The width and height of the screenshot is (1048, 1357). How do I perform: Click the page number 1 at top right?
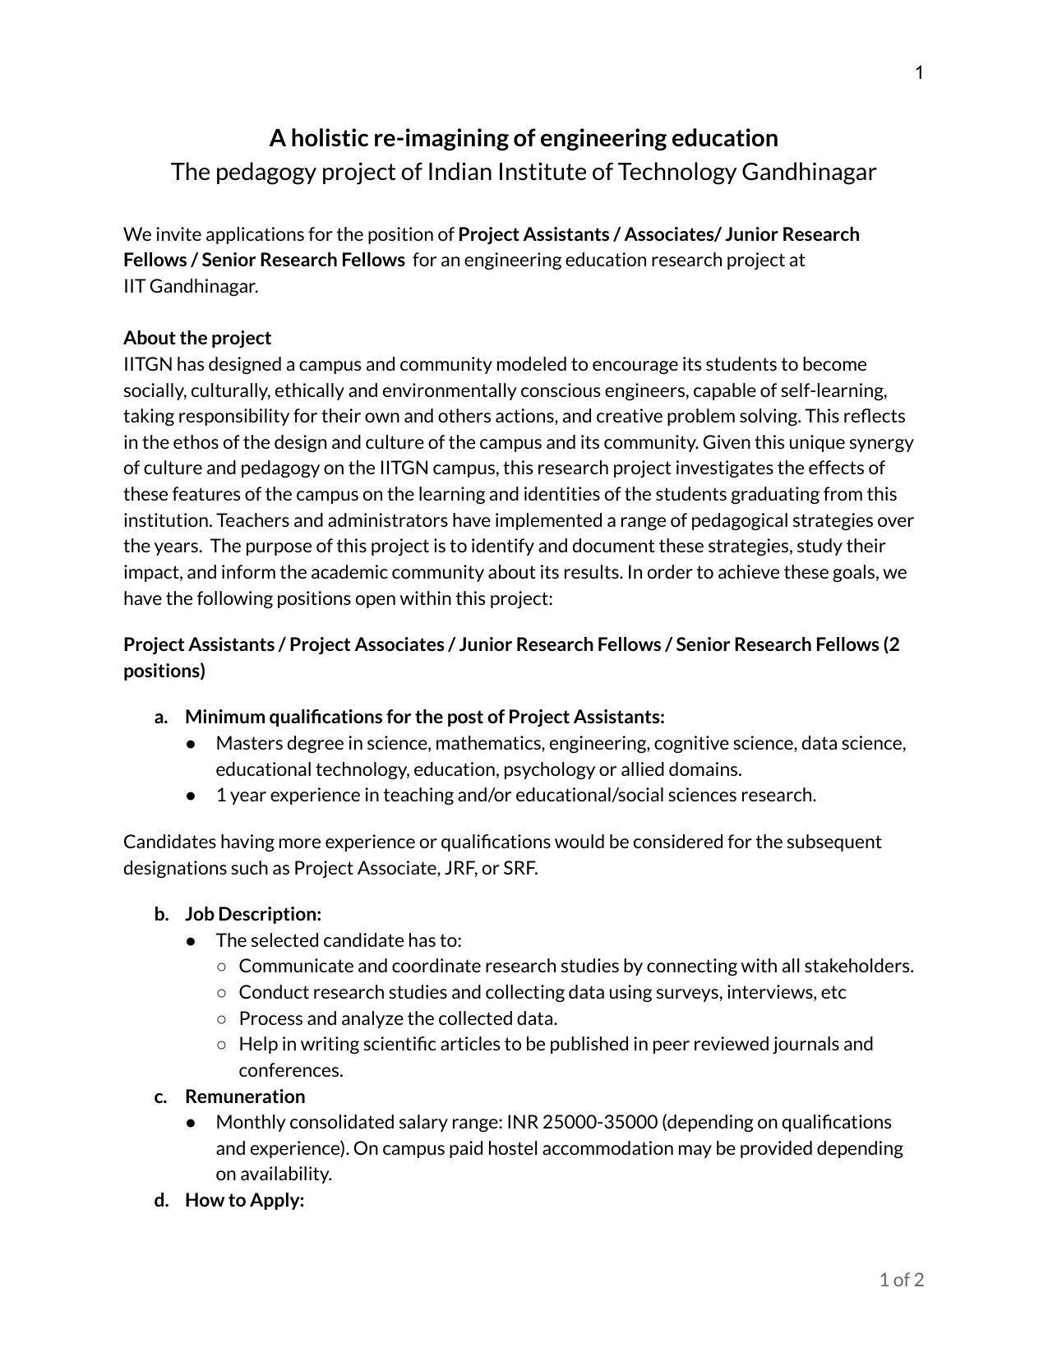pyautogui.click(x=919, y=73)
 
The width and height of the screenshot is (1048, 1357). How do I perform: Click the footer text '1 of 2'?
pyautogui.click(x=901, y=1280)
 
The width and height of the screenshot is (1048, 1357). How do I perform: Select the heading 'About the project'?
pyautogui.click(x=197, y=338)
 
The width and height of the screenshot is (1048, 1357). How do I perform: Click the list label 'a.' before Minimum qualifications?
pyautogui.click(x=161, y=717)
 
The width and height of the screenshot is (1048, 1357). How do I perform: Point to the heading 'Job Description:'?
pyautogui.click(x=253, y=914)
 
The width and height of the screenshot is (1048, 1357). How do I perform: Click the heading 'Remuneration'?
pyautogui.click(x=245, y=1096)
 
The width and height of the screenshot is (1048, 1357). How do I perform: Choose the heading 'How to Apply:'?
pyautogui.click(x=245, y=1200)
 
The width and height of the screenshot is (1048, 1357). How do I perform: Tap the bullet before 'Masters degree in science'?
pyautogui.click(x=191, y=744)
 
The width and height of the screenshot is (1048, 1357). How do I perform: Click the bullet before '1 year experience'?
pyautogui.click(x=191, y=796)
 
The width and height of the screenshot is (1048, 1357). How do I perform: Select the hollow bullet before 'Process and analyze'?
pyautogui.click(x=221, y=1019)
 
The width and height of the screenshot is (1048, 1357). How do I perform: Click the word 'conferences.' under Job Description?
pyautogui.click(x=291, y=1070)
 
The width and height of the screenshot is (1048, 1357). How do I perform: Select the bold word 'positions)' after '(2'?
pyautogui.click(x=164, y=671)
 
